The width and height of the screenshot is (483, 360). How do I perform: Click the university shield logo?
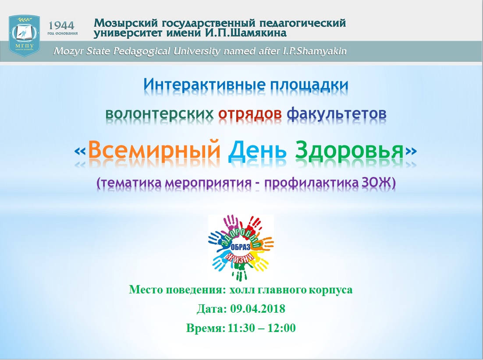click(x=25, y=35)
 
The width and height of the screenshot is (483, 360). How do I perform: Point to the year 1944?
click(x=62, y=25)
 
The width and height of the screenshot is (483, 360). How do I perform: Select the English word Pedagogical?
click(x=142, y=51)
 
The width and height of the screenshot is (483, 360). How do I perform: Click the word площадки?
click(x=309, y=85)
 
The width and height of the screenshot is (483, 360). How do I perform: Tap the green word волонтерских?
click(x=160, y=113)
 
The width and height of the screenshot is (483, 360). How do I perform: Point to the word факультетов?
click(x=336, y=113)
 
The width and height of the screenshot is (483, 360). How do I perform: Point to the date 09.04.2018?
click(x=258, y=309)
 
